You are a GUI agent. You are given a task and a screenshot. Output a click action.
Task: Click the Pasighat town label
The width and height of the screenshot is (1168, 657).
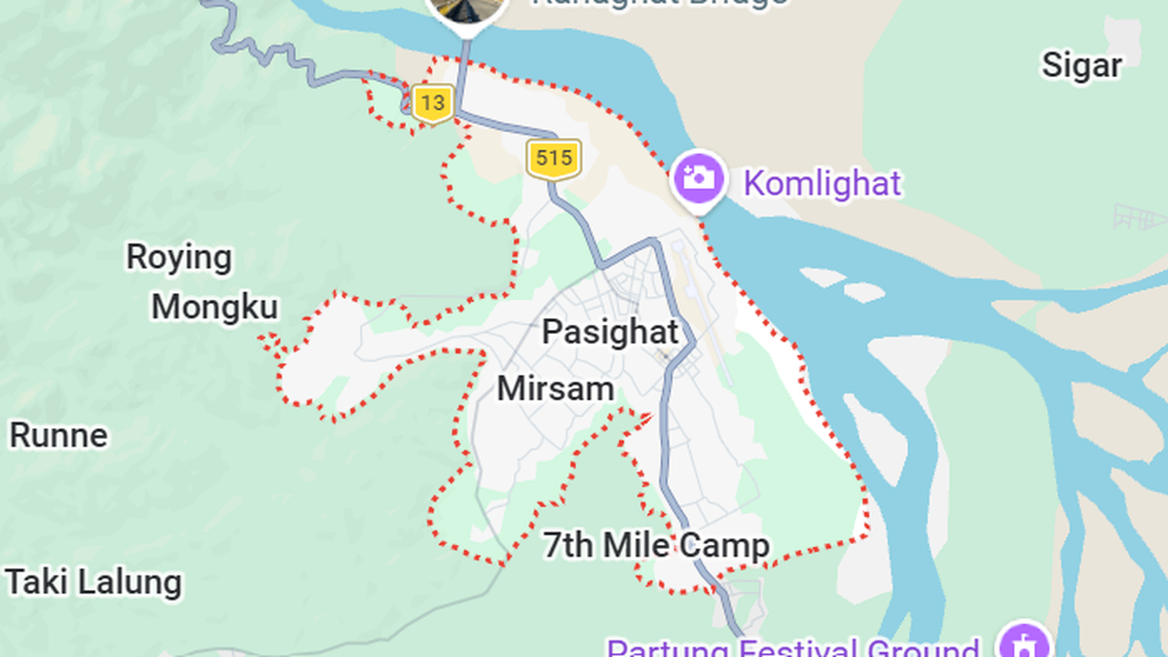coord(609,332)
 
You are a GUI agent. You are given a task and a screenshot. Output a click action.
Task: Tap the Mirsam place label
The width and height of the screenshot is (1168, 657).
coord(555,389)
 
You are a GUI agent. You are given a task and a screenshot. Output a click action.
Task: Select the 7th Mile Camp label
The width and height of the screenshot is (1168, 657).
coord(656,546)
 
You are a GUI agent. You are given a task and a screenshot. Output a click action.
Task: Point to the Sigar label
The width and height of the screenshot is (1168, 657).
coord(1081,65)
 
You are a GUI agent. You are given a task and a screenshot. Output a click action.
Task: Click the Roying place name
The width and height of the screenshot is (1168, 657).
coord(179,258)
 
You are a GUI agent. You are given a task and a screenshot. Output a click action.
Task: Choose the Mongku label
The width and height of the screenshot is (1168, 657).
coord(214,308)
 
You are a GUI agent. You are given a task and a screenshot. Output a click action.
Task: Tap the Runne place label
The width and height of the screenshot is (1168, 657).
coord(58,435)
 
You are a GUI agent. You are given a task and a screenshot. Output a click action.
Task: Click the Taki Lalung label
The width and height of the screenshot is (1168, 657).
coord(93,583)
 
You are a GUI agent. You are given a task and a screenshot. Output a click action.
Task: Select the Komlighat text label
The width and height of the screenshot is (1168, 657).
coord(822,183)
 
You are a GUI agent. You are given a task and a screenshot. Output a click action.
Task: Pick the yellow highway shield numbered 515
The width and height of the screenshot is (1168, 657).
coord(554,159)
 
